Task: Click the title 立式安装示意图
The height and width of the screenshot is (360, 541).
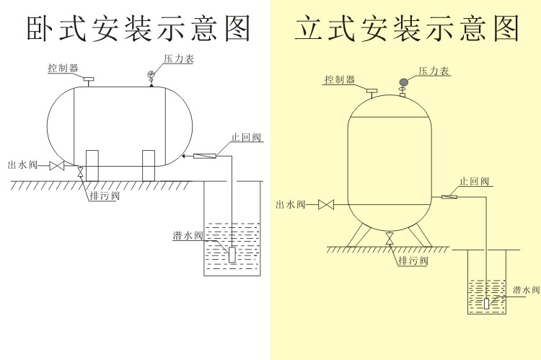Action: pyautogui.click(x=407, y=28)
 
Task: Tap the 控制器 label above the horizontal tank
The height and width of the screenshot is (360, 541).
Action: pyautogui.click(x=63, y=68)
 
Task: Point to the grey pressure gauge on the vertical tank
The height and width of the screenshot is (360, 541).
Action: pyautogui.click(x=404, y=82)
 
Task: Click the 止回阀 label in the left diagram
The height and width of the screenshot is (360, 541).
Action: pyautogui.click(x=246, y=137)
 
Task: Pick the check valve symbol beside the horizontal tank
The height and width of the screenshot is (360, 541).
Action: pyautogui.click(x=206, y=155)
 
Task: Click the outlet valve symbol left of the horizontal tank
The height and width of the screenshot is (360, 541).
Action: pyautogui.click(x=56, y=167)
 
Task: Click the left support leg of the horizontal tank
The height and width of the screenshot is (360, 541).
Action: pyautogui.click(x=92, y=165)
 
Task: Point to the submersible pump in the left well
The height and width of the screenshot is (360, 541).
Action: pyautogui.click(x=232, y=254)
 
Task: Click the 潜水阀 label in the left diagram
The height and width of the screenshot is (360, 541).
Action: pyautogui.click(x=188, y=235)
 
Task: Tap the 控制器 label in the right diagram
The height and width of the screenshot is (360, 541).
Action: pyautogui.click(x=339, y=80)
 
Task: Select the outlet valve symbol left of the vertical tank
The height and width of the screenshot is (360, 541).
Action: pyautogui.click(x=326, y=206)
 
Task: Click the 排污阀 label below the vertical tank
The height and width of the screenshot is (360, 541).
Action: pyautogui.click(x=414, y=260)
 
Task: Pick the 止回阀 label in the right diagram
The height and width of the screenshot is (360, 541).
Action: pyautogui.click(x=474, y=181)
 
